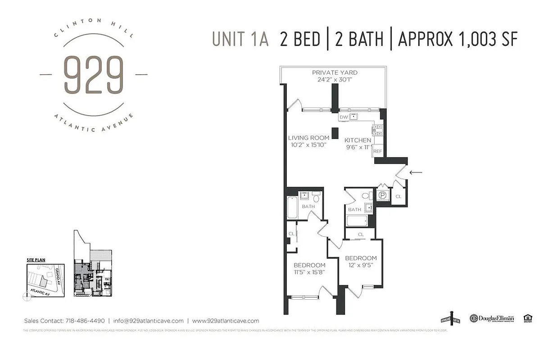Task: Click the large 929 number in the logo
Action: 93,75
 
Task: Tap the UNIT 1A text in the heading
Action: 240,39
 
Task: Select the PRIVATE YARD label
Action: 335,72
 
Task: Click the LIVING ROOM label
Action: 308,138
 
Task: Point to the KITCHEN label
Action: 358,140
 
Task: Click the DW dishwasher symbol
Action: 344,117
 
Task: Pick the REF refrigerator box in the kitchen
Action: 377,152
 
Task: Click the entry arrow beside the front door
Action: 416,172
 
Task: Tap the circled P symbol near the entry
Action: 382,195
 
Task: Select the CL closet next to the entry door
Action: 399,197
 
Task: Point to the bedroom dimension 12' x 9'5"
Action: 361,265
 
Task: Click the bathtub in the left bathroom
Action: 292,208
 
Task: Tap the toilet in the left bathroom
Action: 316,198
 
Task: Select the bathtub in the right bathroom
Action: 357,220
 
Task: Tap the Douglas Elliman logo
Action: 491,318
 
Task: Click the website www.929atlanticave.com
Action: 226,321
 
